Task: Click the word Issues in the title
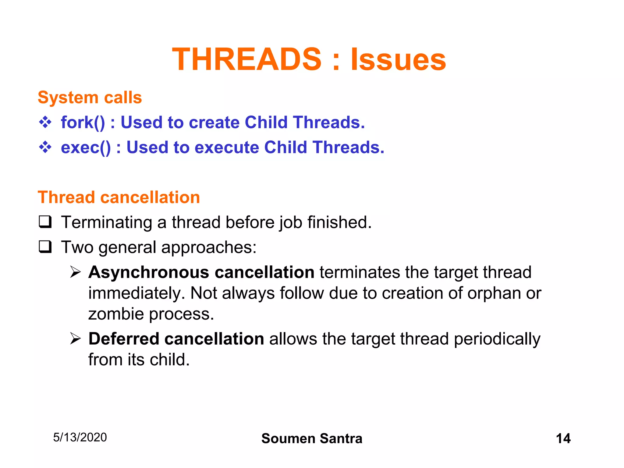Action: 398,59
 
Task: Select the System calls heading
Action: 90,97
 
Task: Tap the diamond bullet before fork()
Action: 45,122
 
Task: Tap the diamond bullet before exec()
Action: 45,147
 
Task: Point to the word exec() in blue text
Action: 86,147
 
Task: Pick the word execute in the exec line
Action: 226,147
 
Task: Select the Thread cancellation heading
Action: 119,197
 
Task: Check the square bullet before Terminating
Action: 45,222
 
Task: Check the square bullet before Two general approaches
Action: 45,247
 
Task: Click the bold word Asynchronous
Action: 148,272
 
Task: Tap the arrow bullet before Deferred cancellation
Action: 75,339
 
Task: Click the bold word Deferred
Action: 124,339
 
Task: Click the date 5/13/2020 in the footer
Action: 80,438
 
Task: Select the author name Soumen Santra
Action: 312,438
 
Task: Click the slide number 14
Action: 563,438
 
